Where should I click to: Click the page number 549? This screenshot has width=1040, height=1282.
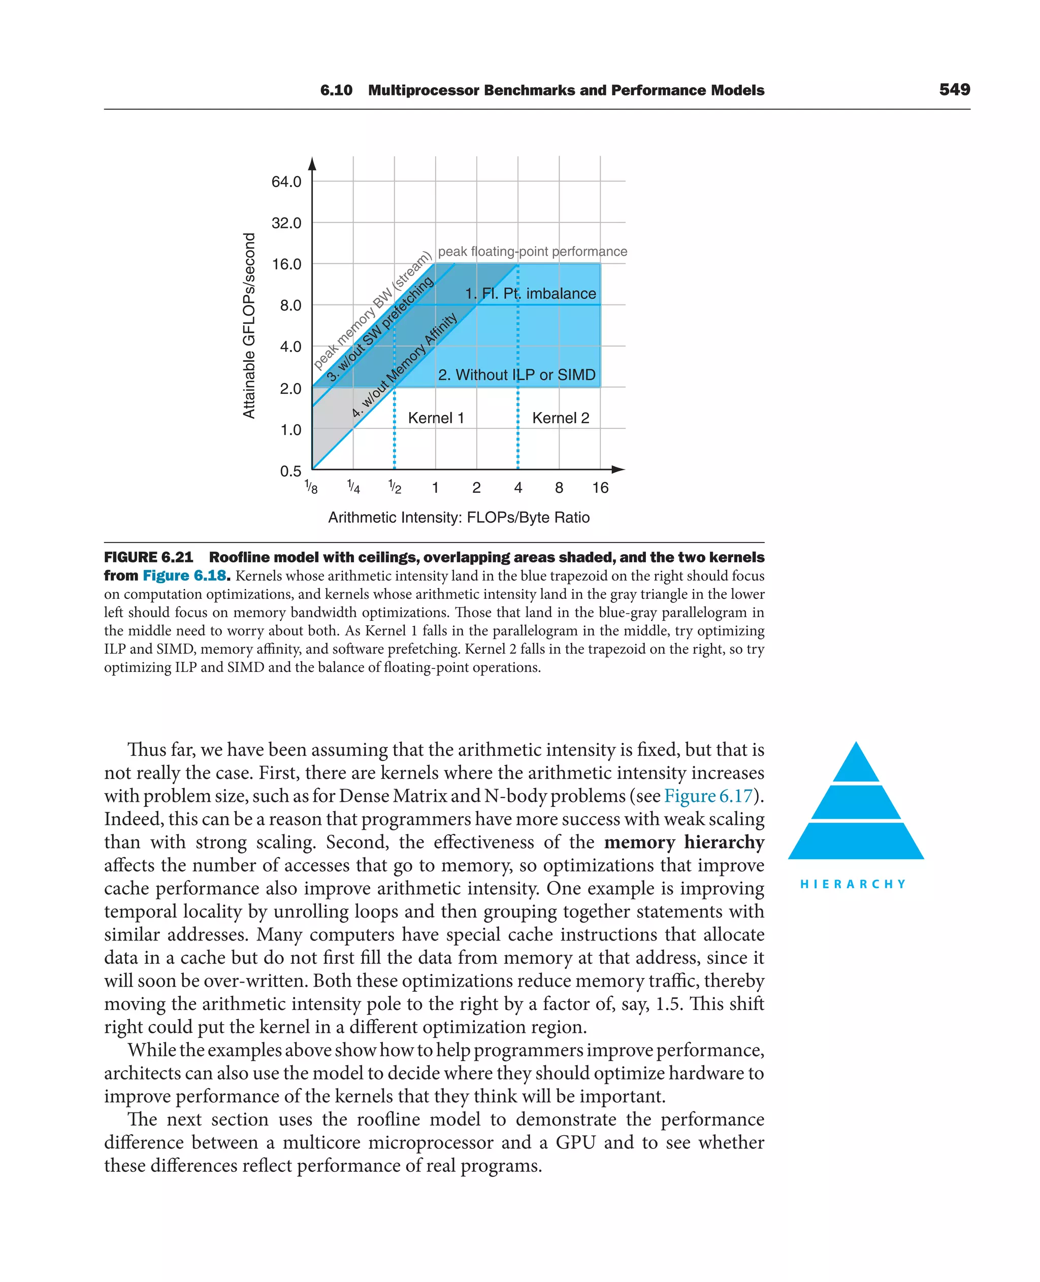954,89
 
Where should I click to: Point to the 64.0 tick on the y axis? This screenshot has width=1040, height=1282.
286,181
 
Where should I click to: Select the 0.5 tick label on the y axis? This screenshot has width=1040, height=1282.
290,471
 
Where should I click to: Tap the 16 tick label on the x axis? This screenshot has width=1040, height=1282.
600,488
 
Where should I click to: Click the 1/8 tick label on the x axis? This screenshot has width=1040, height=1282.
311,487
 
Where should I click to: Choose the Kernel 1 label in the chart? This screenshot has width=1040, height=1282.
436,418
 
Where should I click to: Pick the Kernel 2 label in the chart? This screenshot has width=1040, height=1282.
561,418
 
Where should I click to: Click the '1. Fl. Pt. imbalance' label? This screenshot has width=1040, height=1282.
531,293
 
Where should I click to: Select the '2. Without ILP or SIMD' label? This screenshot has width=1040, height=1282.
517,375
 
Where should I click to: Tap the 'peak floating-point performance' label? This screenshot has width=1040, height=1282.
533,252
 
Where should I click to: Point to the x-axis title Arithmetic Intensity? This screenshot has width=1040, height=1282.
459,517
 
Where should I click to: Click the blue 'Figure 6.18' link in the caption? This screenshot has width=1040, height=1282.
185,576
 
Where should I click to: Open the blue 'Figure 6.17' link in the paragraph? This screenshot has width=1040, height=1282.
708,796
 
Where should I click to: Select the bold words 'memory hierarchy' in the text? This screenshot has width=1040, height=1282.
684,842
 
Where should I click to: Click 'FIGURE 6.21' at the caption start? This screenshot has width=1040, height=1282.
149,557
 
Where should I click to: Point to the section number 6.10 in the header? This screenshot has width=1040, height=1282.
336,90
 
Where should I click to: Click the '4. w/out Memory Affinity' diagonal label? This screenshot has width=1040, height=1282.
405,365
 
